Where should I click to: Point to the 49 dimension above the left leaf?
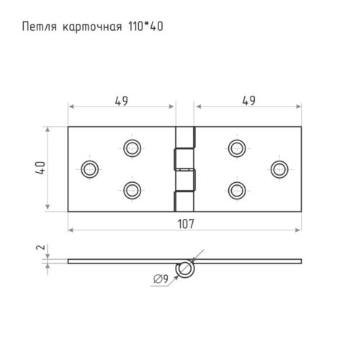121,102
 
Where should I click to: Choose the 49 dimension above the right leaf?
247,102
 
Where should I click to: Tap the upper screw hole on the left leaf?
131,148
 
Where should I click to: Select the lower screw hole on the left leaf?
131,190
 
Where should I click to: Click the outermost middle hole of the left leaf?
89,169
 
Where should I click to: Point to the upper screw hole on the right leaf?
236,148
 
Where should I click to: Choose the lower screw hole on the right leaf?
236,190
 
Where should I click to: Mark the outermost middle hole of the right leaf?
279,169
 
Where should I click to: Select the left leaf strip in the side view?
122,261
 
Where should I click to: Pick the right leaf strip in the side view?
248,261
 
